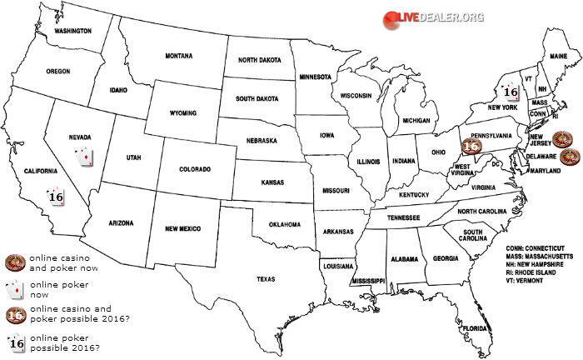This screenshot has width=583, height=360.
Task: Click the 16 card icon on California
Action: click(56, 197)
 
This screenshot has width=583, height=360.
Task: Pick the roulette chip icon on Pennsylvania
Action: click(471, 146)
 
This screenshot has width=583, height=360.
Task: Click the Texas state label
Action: click(267, 278)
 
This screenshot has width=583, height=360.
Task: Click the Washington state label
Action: click(72, 31)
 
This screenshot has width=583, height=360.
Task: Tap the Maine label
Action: click(558, 56)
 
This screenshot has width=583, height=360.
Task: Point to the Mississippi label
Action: click(367, 282)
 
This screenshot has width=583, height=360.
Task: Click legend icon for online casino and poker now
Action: click(13, 264)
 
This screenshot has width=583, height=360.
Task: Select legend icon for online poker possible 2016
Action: click(13, 342)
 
